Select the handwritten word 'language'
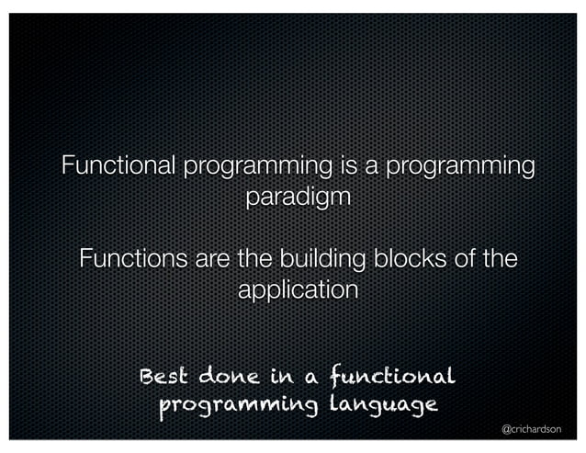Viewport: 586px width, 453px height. click(377, 405)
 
